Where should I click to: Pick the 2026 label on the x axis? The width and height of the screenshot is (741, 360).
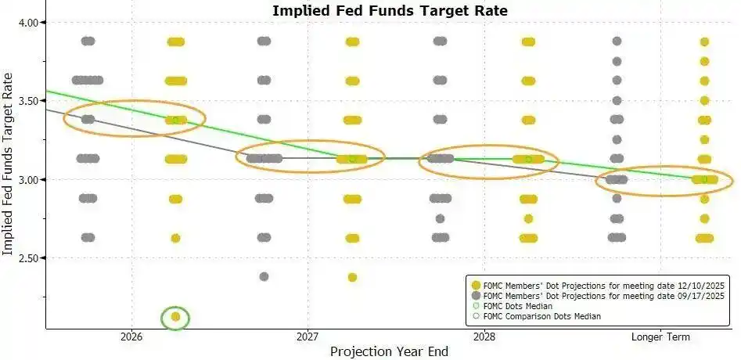click(x=131, y=337)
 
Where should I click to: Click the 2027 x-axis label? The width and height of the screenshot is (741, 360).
click(x=308, y=337)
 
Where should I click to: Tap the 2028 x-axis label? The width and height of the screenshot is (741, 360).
click(x=484, y=337)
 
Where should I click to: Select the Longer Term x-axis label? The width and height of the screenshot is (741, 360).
click(x=660, y=337)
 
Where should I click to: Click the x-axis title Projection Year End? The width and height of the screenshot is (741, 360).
click(x=389, y=351)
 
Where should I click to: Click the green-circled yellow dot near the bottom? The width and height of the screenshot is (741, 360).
click(x=175, y=317)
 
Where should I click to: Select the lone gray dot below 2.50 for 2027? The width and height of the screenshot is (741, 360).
click(x=264, y=276)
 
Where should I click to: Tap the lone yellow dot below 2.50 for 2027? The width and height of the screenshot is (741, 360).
click(x=352, y=277)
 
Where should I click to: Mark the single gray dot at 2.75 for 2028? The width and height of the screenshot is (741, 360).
click(x=440, y=218)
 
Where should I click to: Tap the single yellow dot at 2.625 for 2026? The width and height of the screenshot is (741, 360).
click(x=175, y=238)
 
